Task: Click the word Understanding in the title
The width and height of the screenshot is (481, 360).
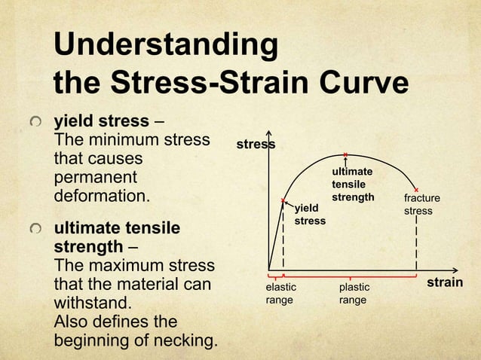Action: (166, 45)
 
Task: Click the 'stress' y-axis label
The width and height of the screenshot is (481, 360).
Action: (256, 144)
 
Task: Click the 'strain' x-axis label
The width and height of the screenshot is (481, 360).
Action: (445, 283)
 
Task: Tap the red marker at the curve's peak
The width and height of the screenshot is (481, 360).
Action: (345, 155)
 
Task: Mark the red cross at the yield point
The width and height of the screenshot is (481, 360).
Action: (283, 200)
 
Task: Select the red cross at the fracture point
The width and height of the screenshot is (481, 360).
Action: (416, 189)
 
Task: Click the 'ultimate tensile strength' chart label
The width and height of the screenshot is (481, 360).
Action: (352, 185)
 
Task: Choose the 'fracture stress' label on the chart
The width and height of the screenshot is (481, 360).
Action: (421, 205)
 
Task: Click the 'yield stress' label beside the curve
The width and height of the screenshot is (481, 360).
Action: (309, 214)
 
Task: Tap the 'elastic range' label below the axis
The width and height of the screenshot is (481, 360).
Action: (280, 294)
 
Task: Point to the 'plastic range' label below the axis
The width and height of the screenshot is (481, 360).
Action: (354, 294)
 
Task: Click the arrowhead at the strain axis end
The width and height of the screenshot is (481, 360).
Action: (455, 270)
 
